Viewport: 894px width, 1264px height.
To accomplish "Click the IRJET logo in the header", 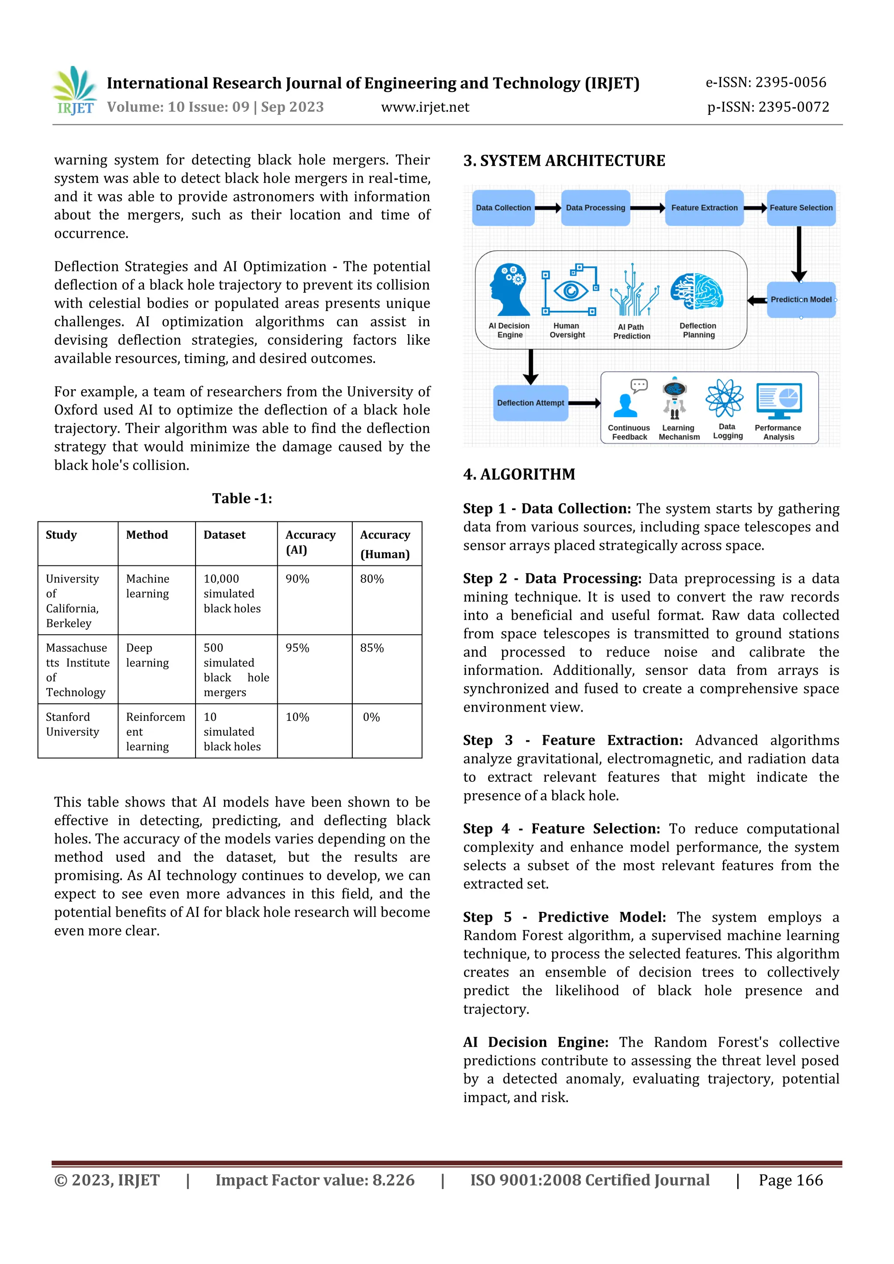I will pos(74,90).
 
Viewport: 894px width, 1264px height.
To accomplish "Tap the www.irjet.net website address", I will pos(425,107).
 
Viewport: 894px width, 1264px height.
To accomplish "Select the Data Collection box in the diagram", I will pos(503,208).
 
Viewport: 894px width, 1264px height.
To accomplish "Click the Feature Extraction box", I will pos(704,208).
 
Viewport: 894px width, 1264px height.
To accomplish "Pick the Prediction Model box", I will pos(801,299).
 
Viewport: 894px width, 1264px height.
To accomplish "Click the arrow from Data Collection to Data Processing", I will pos(547,208).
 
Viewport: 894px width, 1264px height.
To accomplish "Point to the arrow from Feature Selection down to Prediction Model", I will pos(799,253).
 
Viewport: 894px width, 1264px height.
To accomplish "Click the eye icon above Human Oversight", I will pos(570,290).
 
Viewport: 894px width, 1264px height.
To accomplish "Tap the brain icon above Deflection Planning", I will pos(697,291).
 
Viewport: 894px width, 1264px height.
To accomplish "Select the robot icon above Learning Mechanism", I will pos(675,397).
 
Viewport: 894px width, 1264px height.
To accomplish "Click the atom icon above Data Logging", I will pos(724,397).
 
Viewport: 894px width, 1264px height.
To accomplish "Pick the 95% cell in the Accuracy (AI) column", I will pos(297,648).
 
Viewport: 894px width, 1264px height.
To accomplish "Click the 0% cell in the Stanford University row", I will pos(371,717).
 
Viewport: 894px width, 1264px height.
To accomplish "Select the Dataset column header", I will pos(225,534).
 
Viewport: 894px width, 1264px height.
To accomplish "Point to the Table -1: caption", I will pos(242,498).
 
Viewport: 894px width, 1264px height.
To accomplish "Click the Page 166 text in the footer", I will pos(791,1180).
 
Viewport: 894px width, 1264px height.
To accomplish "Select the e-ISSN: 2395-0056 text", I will pos(766,82).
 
